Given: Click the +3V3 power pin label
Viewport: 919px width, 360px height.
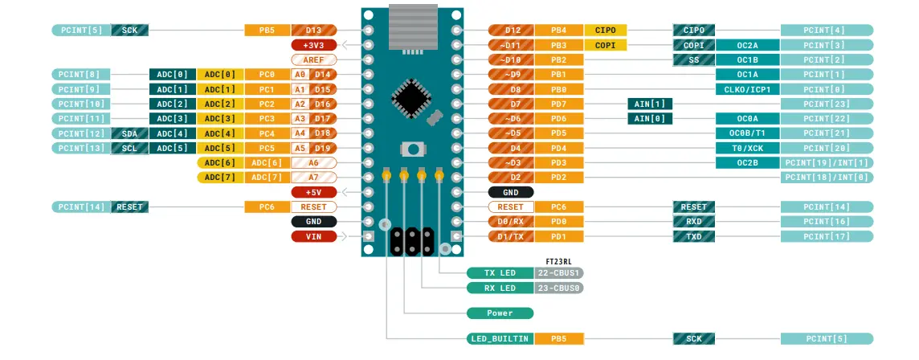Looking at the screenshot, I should click(x=314, y=45).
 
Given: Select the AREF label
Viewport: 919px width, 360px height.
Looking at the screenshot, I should click(x=314, y=59).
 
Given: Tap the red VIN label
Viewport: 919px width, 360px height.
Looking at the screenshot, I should click(x=314, y=236).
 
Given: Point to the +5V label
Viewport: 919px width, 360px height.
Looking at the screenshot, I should click(x=314, y=192).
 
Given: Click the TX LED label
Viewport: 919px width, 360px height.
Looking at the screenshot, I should click(x=500, y=272).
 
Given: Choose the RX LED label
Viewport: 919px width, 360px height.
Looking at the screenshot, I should click(x=500, y=288).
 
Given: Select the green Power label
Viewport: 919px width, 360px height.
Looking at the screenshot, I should click(x=500, y=313).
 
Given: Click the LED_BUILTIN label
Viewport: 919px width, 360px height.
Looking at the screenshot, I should click(x=500, y=339).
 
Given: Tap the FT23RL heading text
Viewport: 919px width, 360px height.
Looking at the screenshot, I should click(x=558, y=260).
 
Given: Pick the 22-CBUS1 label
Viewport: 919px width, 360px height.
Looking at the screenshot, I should click(x=559, y=272).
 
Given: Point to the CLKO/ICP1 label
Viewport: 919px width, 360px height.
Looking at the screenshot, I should click(x=747, y=89).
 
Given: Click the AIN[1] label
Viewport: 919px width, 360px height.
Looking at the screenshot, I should click(x=650, y=104).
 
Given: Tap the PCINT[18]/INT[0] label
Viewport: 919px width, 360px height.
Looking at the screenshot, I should click(x=827, y=178).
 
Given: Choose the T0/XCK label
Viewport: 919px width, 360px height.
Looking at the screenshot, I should click(x=747, y=148).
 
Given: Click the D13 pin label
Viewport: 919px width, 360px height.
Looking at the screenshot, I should click(x=314, y=31).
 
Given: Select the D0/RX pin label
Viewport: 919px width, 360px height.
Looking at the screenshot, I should click(x=511, y=222).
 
